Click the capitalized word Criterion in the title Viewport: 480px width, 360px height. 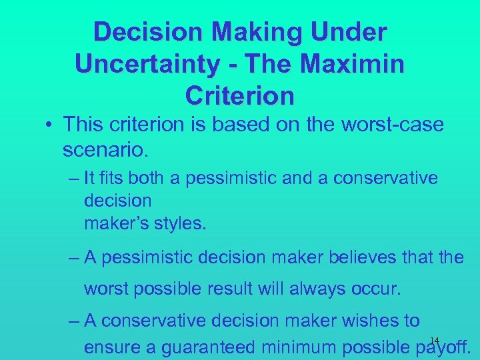coord(240,95)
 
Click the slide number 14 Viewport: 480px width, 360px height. coord(434,339)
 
